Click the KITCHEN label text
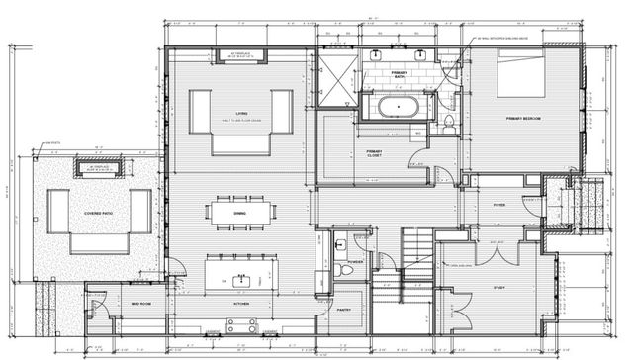coord(240,304)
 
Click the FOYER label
coord(498,206)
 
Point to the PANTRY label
coord(345,310)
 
